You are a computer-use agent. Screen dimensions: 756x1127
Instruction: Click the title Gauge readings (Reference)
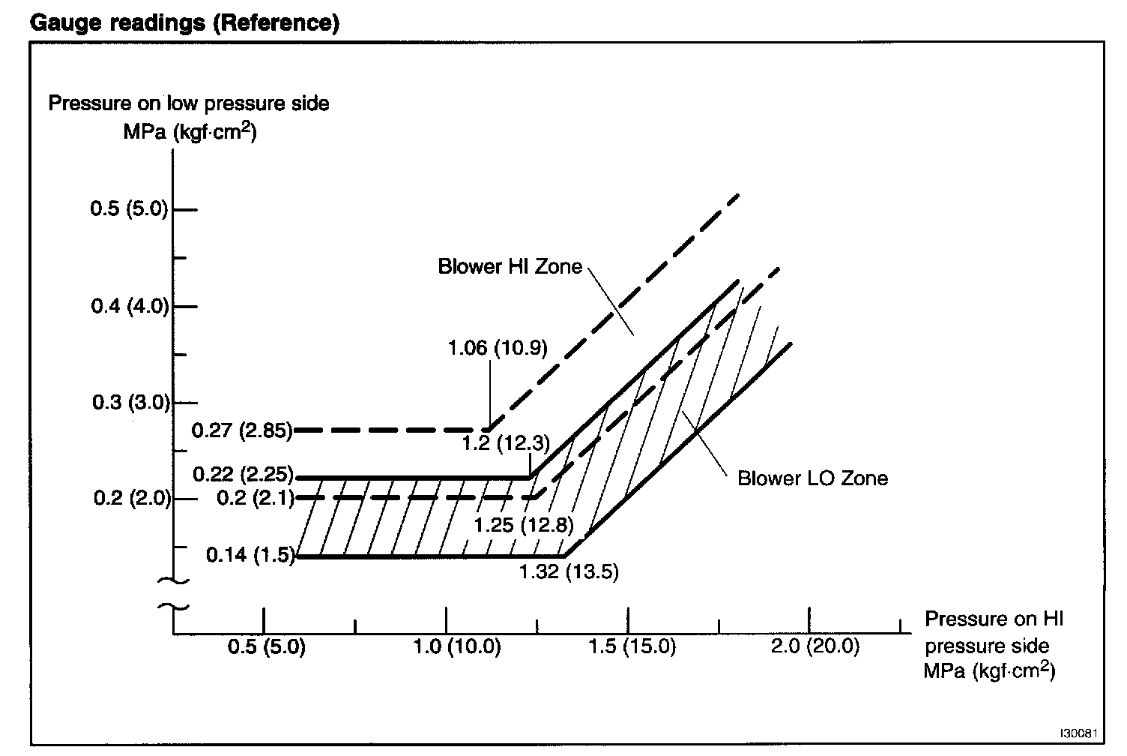click(x=184, y=22)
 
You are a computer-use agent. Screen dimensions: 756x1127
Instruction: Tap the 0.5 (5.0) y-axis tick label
click(x=129, y=208)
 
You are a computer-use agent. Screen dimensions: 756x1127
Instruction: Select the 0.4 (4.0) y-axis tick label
click(x=129, y=306)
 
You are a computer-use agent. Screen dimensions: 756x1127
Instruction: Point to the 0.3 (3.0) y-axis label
click(x=131, y=403)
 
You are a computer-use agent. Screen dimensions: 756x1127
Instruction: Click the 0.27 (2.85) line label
click(x=242, y=430)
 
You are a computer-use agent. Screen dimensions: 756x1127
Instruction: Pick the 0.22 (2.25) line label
click(x=244, y=475)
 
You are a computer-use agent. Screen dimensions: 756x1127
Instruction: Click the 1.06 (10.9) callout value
click(x=498, y=348)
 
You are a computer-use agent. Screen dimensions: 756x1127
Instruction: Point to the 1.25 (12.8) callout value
click(x=523, y=524)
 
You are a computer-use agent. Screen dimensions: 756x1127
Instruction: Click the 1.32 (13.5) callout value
click(x=569, y=572)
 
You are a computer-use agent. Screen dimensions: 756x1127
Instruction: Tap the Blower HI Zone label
click(x=510, y=267)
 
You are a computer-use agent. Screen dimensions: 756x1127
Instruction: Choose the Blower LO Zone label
click(x=812, y=478)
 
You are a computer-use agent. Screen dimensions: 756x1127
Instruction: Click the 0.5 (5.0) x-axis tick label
click(x=266, y=646)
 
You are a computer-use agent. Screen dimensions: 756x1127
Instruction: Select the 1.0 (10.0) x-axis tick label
click(x=456, y=646)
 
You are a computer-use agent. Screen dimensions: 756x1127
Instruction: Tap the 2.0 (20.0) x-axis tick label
click(x=815, y=646)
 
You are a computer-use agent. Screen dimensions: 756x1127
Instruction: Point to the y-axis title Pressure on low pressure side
click(x=189, y=103)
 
